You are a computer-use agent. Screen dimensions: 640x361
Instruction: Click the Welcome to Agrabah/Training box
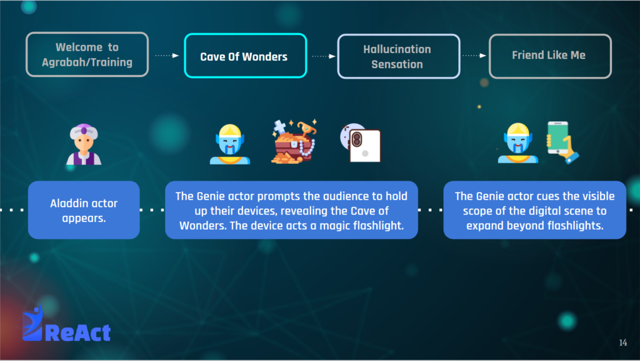tap(87, 54)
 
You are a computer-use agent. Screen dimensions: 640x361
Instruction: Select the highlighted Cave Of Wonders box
tap(245, 56)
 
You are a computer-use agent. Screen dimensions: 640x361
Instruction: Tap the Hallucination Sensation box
tap(399, 56)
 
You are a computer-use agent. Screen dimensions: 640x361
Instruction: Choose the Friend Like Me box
tap(550, 56)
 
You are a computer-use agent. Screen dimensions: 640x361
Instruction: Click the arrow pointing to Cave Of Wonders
tap(167, 56)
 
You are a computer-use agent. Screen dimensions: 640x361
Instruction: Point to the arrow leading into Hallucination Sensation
tap(323, 56)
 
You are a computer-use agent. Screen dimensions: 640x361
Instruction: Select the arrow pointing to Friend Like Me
tap(474, 56)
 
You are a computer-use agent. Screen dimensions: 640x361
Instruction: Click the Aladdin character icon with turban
tap(84, 144)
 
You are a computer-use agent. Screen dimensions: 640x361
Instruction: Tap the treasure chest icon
tap(294, 141)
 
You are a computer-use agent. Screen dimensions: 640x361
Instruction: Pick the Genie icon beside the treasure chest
tap(230, 144)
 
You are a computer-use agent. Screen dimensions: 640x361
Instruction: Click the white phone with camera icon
tap(361, 143)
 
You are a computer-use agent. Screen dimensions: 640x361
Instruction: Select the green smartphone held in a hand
tap(562, 143)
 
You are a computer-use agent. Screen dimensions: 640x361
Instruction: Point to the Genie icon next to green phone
tap(518, 143)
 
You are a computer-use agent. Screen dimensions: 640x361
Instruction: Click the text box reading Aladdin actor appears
tap(84, 210)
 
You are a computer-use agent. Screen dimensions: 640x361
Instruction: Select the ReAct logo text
tap(77, 332)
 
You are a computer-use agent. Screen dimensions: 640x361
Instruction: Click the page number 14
tap(623, 343)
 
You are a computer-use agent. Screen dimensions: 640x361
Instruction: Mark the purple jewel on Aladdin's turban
tap(84, 131)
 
